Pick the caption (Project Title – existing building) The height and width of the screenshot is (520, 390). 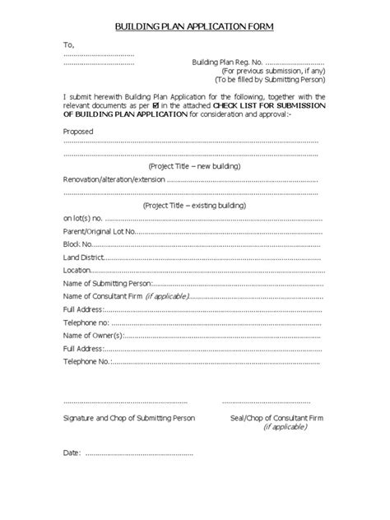tap(194, 205)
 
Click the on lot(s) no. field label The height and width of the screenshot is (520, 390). tap(83, 218)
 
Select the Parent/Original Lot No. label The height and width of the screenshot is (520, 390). tap(98, 231)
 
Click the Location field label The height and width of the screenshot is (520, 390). tap(77, 270)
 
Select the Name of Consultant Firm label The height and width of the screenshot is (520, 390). tap(103, 295)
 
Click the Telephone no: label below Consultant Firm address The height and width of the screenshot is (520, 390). tap(86, 322)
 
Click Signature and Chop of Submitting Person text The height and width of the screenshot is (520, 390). tap(125, 418)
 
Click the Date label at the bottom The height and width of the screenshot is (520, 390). tap(72, 453)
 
